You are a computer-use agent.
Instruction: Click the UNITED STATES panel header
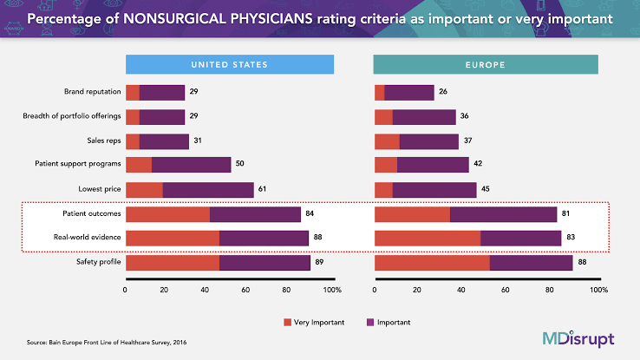(x=230, y=64)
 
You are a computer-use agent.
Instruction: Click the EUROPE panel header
(x=486, y=64)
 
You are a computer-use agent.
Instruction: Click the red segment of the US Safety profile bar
(x=172, y=262)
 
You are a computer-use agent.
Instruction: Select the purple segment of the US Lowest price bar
(x=208, y=189)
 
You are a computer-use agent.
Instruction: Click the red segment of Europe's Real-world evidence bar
(x=427, y=238)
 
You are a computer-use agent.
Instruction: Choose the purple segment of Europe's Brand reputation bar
(x=408, y=93)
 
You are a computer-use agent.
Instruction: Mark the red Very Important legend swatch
(x=289, y=322)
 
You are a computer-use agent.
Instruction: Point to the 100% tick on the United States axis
(x=330, y=290)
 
